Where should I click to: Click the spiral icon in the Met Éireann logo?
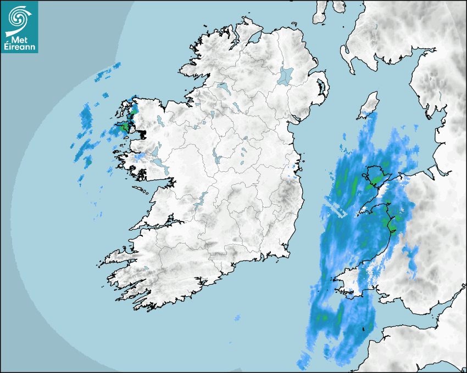(x=18, y=18)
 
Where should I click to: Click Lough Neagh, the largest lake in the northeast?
(x=286, y=75)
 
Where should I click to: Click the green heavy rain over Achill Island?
(x=124, y=128)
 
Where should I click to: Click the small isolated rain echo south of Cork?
(x=237, y=318)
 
